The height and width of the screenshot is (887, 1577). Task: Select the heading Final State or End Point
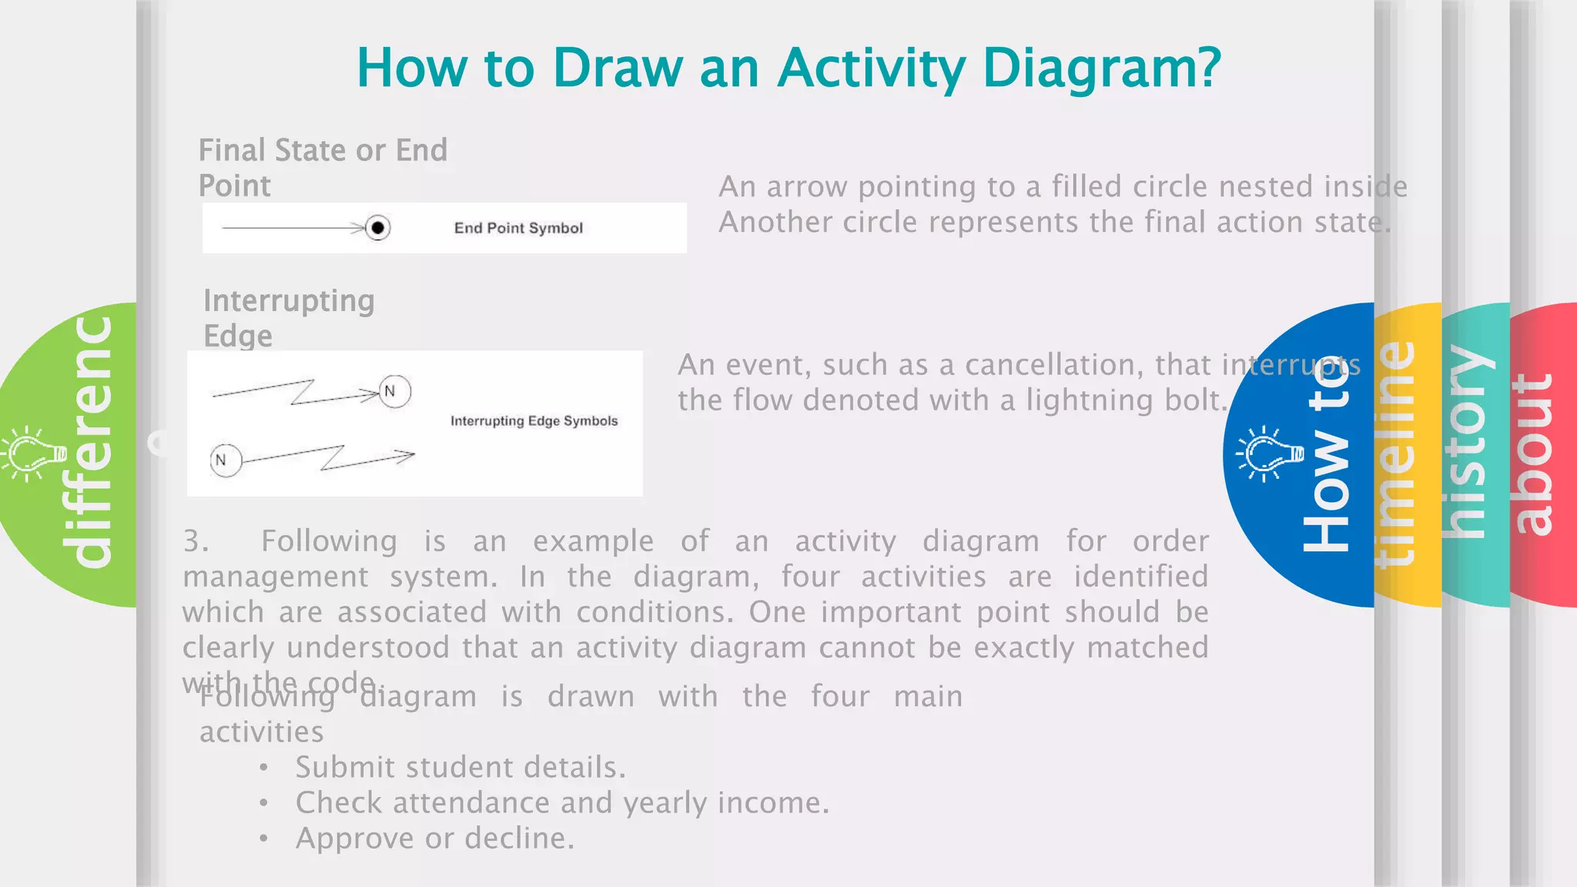click(323, 167)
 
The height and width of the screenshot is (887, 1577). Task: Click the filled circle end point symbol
click(377, 228)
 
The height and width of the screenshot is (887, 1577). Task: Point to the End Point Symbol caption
click(518, 228)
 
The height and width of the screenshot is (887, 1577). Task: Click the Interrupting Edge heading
click(289, 317)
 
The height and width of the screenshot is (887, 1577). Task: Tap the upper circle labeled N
click(394, 392)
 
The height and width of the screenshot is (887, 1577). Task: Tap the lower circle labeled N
click(226, 460)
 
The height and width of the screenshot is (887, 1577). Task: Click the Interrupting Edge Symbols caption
click(534, 420)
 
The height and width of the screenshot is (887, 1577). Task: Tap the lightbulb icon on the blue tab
click(1267, 454)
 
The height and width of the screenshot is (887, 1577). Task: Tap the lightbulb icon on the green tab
click(32, 454)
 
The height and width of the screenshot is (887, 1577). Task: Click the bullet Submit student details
click(460, 767)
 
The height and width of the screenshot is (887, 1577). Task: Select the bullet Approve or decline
click(434, 838)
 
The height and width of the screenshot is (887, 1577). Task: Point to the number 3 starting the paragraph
click(195, 541)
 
